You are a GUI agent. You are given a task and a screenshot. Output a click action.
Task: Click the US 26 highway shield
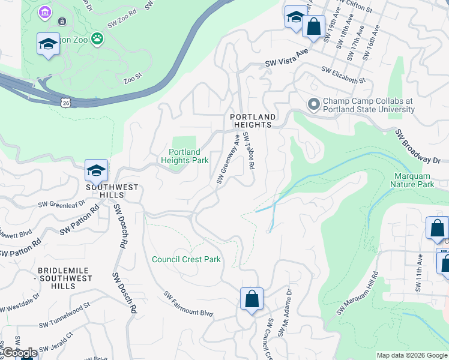click(65, 103)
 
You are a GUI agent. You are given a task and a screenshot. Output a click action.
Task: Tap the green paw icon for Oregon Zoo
click(97, 39)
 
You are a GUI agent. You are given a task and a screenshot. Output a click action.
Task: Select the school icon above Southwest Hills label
click(96, 171)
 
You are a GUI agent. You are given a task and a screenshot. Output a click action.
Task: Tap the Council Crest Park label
click(186, 259)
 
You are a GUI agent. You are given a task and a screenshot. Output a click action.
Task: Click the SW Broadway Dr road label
click(418, 148)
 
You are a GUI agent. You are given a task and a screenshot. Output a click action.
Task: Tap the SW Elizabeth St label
click(343, 75)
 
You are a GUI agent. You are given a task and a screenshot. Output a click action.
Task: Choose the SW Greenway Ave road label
click(228, 160)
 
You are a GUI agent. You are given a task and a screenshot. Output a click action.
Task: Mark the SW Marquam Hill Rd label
click(358, 293)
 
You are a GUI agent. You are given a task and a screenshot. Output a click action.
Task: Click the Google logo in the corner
click(19, 353)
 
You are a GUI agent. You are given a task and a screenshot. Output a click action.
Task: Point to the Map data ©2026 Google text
click(411, 355)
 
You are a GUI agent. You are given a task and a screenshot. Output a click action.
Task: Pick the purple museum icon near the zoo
click(44, 12)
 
